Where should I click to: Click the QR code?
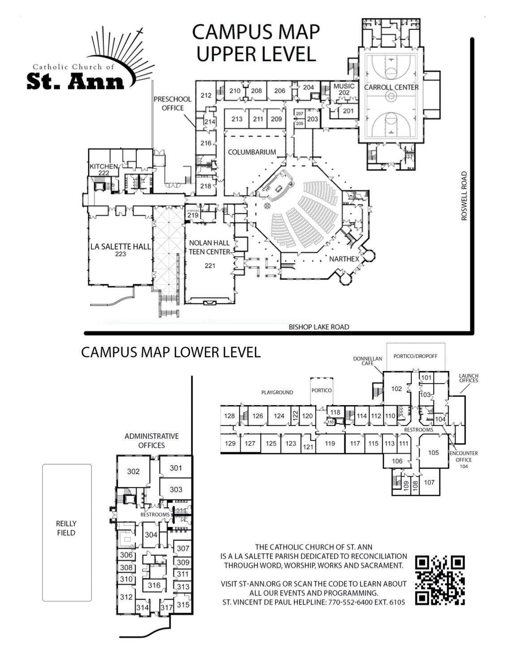[x=440, y=580]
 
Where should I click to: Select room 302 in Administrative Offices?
[x=133, y=471]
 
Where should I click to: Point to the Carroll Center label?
[x=391, y=87]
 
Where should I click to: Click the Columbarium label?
[x=252, y=152]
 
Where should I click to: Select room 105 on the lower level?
[x=433, y=453]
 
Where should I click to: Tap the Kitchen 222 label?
[x=103, y=169]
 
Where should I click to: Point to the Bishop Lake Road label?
[x=318, y=327]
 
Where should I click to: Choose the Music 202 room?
[x=344, y=89]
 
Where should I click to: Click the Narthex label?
[x=342, y=259]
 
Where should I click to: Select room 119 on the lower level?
[x=330, y=444]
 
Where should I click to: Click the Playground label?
[x=277, y=392]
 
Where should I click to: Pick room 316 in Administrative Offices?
[x=154, y=585]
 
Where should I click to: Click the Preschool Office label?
[x=172, y=103]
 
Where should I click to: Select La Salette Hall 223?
[x=120, y=250]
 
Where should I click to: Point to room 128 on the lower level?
[x=229, y=416]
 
